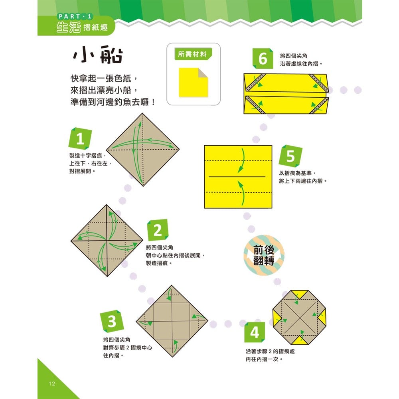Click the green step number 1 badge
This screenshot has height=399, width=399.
pos(80,140)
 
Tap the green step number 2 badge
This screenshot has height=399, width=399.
pos(158,230)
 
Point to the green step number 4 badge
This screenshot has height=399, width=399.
pos(255,332)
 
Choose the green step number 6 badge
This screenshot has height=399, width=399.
pos(263,59)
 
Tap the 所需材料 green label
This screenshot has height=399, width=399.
pos(193,55)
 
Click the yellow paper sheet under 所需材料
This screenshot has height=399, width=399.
pos(193,82)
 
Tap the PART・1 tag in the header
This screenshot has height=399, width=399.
pos(75,16)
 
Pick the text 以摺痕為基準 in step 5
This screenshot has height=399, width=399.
pos(297,174)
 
